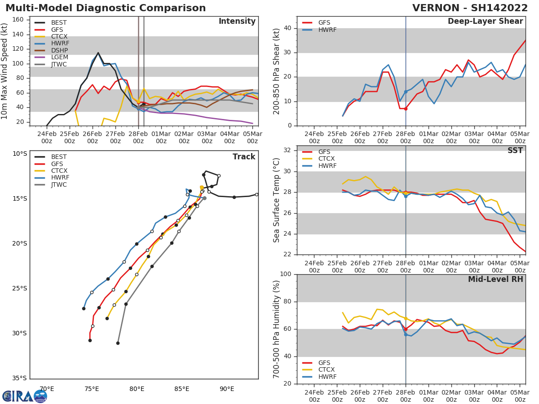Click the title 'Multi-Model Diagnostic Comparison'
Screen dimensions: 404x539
[106, 8]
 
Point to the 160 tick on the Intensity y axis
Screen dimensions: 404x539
[18, 20]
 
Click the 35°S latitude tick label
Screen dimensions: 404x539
[20, 378]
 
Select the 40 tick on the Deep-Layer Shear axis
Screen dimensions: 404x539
[289, 28]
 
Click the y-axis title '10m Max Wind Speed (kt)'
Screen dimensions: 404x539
[5, 71]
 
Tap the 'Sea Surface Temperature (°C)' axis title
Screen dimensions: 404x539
[277, 200]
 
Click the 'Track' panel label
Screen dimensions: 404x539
[244, 157]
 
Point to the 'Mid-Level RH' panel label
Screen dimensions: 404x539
[495, 279]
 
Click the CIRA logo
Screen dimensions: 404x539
[25, 396]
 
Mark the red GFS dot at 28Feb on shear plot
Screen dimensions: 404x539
[406, 109]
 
